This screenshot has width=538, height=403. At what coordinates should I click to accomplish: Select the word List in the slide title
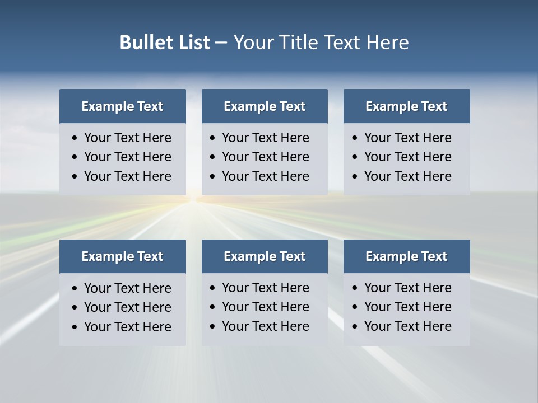point(192,42)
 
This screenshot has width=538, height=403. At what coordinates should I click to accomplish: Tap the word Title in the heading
point(299,42)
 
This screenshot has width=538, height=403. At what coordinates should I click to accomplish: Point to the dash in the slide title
point(221,43)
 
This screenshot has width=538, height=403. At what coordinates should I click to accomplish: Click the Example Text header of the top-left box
point(122,106)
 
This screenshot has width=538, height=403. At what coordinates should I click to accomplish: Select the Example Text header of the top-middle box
point(265,106)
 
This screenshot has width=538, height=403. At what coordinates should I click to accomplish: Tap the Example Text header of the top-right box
point(406,106)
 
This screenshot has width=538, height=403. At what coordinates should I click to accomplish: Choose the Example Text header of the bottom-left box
point(122,256)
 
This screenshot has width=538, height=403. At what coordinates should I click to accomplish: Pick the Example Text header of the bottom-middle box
point(265,256)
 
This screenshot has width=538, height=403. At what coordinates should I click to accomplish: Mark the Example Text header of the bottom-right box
point(406,256)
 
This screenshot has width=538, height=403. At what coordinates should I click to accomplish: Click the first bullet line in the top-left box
point(128,138)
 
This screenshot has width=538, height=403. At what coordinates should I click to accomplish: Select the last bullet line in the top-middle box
point(266,176)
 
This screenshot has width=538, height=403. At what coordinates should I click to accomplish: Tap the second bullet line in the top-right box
point(408,157)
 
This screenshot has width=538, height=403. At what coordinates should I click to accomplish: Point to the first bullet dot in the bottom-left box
point(75,289)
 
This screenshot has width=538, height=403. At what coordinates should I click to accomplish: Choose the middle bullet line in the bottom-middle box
point(266,307)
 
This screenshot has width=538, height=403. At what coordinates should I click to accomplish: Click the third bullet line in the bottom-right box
point(408,326)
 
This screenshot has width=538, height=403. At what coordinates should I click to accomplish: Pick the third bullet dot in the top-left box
point(75,177)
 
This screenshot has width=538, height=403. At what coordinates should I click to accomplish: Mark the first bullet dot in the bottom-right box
point(355,288)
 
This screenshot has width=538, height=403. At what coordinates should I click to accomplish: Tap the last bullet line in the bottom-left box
point(128,327)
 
